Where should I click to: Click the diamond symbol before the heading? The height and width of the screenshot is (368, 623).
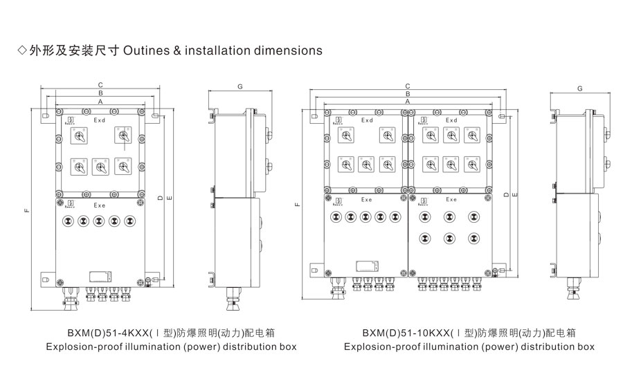(21, 50)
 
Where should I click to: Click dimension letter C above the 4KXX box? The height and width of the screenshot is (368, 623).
(100, 84)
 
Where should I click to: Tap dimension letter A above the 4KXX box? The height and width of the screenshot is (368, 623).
(100, 101)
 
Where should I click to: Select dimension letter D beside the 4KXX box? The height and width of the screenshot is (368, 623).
(160, 199)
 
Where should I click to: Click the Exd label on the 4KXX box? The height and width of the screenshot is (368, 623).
(100, 120)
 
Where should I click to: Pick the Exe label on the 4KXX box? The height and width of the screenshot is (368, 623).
(100, 205)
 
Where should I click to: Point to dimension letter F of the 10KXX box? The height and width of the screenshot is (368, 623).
(297, 205)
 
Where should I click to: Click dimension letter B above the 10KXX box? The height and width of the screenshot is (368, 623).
(408, 93)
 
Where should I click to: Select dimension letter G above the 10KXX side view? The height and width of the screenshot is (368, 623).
(579, 89)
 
